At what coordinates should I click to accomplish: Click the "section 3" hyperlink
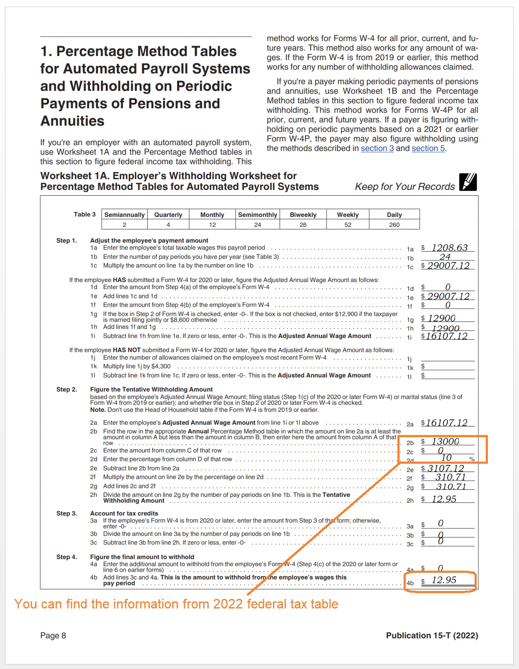(x=377, y=148)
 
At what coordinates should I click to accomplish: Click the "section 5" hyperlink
(x=428, y=148)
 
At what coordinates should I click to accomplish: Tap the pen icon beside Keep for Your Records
(x=468, y=182)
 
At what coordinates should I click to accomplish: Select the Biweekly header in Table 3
(x=303, y=214)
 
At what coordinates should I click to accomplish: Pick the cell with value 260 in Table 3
(x=394, y=225)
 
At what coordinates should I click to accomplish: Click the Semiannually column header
(x=124, y=214)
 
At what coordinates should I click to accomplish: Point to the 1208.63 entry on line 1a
(x=449, y=248)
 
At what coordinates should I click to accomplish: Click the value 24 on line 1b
(x=445, y=257)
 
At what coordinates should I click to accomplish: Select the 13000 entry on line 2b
(x=445, y=441)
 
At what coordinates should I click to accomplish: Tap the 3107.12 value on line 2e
(x=446, y=468)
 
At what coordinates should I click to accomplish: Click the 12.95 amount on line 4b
(x=444, y=580)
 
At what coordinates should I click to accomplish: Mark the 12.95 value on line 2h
(x=444, y=499)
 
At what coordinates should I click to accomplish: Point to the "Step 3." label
(x=66, y=513)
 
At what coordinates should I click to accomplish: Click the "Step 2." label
(x=66, y=389)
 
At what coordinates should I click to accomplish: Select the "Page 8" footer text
(x=53, y=635)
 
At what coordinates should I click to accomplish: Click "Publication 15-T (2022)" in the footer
(x=432, y=635)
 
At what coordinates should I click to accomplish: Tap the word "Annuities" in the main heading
(x=73, y=121)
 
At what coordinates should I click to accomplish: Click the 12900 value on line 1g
(x=441, y=318)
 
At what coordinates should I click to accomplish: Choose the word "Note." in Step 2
(x=97, y=410)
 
